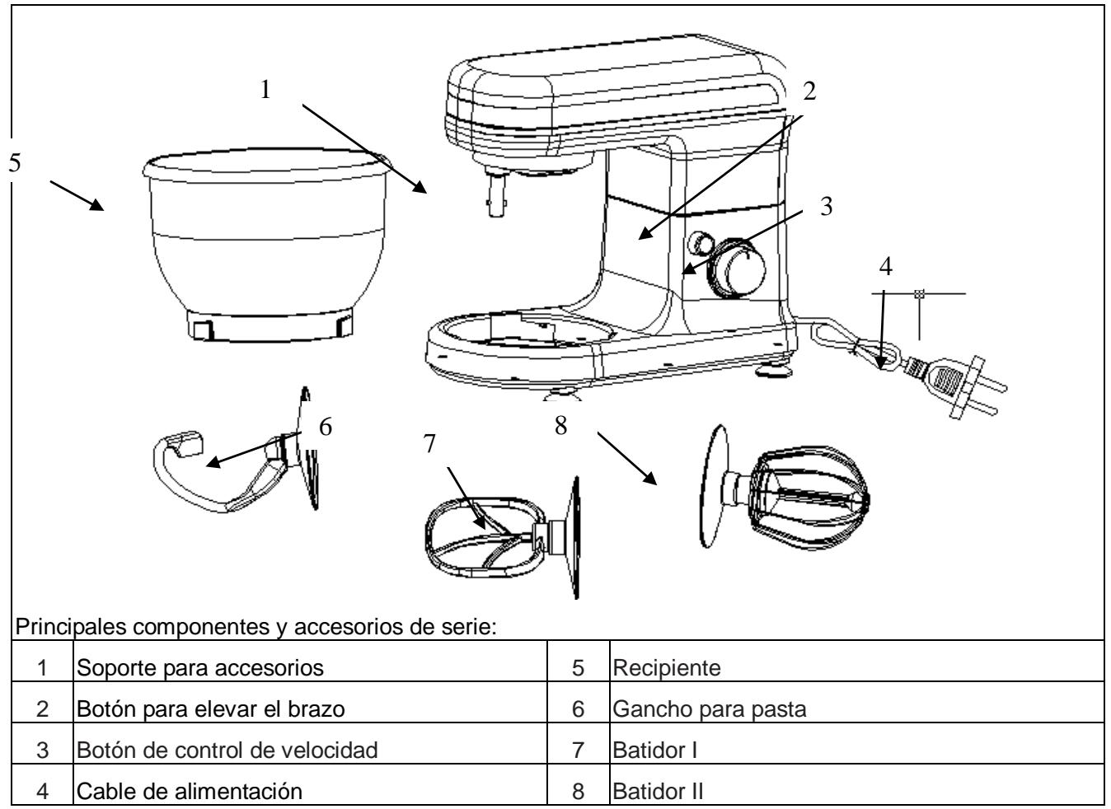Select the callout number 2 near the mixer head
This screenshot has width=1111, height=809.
[x=809, y=91]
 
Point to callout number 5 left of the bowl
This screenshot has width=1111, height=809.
[x=13, y=162]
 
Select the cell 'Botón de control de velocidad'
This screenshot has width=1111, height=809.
[x=227, y=751]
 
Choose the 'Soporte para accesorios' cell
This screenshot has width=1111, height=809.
[x=199, y=669]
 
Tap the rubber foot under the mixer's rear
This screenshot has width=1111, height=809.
[x=772, y=375]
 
